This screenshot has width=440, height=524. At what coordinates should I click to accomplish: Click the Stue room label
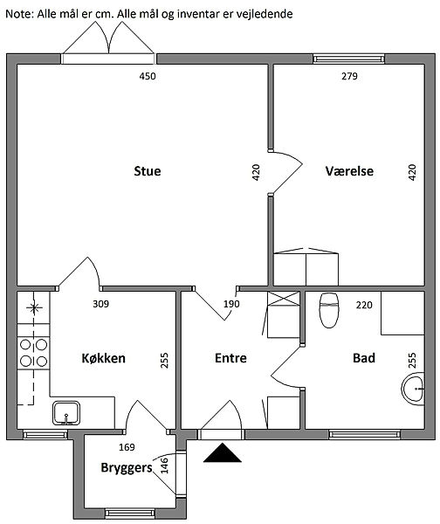coord(148,171)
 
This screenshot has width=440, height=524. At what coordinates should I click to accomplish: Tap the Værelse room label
coord(349,171)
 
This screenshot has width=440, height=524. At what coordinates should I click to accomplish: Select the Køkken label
coord(104,358)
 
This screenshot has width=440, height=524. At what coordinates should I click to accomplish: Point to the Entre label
coord(230,358)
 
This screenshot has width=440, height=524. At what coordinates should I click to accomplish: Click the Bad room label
coord(364,358)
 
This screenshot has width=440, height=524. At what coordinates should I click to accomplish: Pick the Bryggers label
coord(127,468)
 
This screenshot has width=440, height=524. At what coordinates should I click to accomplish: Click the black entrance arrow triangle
coord(222,452)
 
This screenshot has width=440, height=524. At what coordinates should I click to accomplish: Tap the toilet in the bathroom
coord(329,310)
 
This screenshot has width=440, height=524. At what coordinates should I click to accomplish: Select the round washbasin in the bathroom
coord(413,390)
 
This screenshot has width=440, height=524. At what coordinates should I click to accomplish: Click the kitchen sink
coord(66,413)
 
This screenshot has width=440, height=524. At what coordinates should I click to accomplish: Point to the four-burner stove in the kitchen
coord(33,353)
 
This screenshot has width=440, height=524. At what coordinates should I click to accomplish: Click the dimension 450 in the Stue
coord(148,76)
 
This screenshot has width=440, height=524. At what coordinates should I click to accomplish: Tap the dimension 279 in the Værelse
coord(349,76)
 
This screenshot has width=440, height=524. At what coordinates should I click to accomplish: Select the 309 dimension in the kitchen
coord(101,304)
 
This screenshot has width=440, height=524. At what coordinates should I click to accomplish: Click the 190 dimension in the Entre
coord(231,304)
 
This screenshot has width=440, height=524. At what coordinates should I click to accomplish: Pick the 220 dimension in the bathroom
coord(364,305)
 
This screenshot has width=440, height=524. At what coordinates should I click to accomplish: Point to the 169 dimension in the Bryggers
coord(127,447)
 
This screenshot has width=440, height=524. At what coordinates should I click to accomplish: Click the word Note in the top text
coord(19,14)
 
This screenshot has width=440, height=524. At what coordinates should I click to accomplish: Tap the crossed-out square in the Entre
coord(284,298)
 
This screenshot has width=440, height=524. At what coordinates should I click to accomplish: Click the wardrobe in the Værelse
coord(306,267)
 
